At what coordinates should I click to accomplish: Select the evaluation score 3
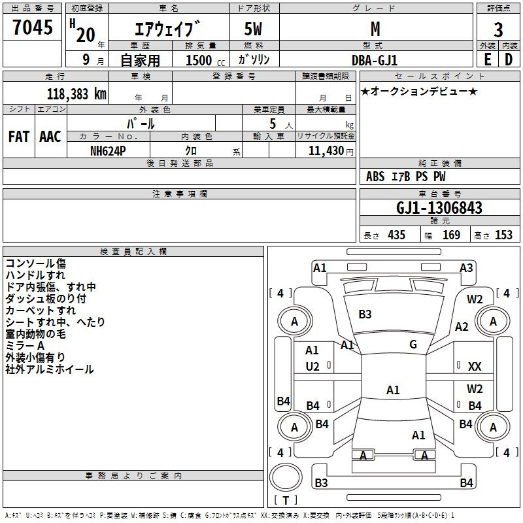[x=498, y=29]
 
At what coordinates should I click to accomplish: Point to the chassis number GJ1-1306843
[x=439, y=208]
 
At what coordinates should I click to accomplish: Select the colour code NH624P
[x=109, y=150]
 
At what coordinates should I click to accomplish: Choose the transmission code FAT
[x=18, y=136]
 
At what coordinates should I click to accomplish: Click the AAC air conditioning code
[x=50, y=136]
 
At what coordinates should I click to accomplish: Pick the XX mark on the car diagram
[x=475, y=367]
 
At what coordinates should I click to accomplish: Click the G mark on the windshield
[x=413, y=345]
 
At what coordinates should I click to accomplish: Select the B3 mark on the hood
[x=365, y=314]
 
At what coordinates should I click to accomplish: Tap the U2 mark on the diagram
[x=312, y=367]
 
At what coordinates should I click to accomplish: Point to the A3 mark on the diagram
[x=466, y=267]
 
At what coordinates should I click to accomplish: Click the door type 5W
[x=254, y=29]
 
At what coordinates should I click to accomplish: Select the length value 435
[x=396, y=235]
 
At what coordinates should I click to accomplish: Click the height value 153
[x=503, y=235]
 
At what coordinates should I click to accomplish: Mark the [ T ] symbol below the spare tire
[x=286, y=500]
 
